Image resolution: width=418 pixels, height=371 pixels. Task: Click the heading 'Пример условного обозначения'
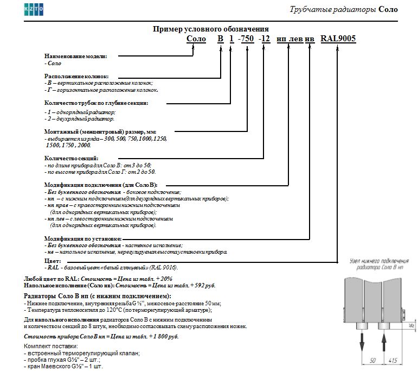211,29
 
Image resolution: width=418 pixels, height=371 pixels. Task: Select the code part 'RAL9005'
338,39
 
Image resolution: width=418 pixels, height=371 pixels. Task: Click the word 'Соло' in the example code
196,39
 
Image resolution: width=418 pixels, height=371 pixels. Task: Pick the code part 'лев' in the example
297,39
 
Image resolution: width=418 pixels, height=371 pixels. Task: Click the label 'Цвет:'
53,261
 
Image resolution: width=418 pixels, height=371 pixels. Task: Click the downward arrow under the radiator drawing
361,342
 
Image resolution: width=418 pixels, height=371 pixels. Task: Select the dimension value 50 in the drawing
372,360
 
